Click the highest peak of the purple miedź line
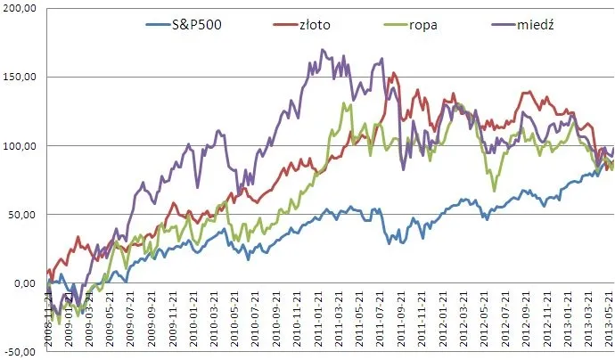323,50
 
